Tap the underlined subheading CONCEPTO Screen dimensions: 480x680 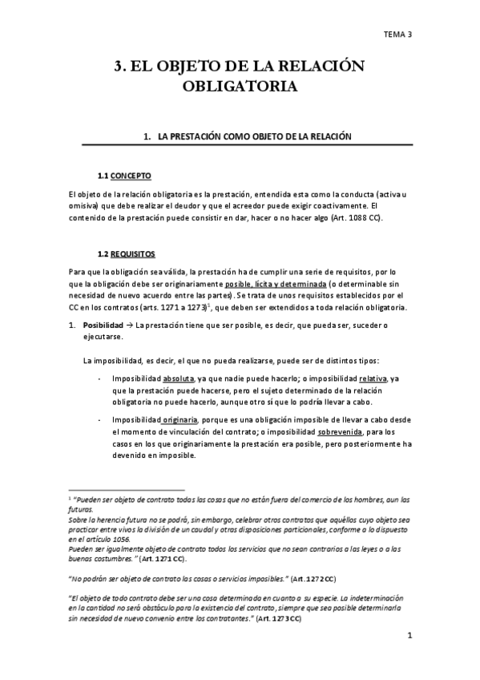[131, 176]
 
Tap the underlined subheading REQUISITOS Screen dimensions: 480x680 [133, 253]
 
